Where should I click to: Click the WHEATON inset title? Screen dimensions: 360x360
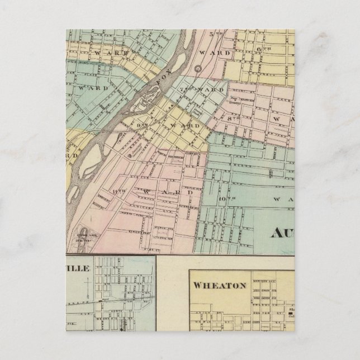tap(220, 285)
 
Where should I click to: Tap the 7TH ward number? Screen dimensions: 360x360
tap(186, 90)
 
